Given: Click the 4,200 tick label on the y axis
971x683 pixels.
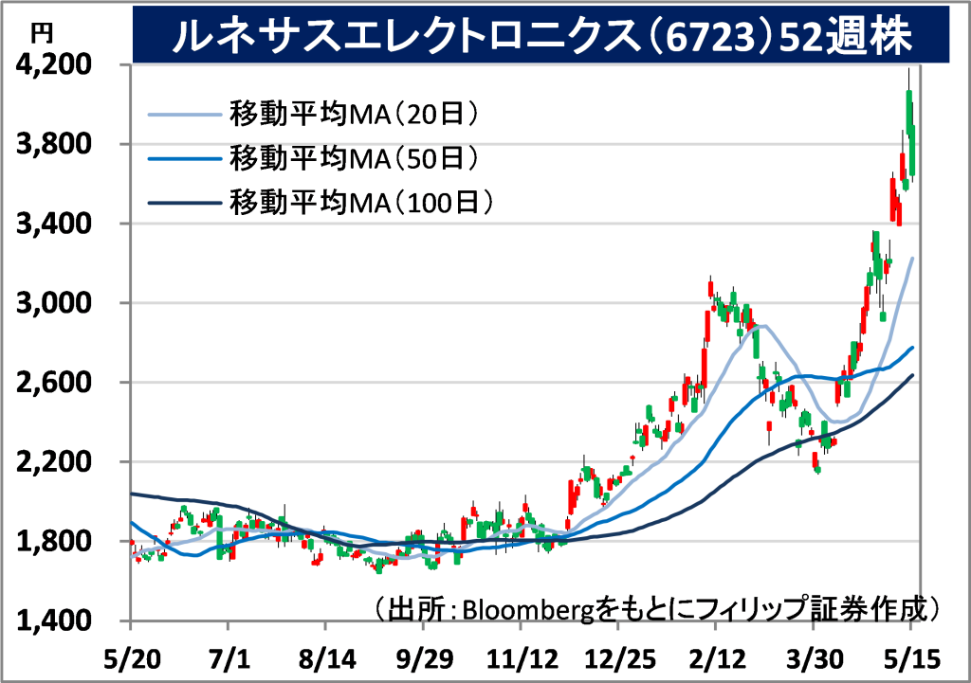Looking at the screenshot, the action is click(x=54, y=63).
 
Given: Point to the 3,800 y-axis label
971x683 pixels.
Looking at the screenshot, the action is click(x=54, y=144).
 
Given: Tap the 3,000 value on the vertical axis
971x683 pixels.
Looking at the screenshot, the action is click(x=54, y=302).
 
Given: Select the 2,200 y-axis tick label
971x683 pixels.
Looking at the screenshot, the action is click(x=54, y=461).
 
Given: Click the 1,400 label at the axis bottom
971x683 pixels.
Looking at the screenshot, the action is click(x=54, y=620).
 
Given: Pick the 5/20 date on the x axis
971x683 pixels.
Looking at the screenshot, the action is click(x=132, y=659).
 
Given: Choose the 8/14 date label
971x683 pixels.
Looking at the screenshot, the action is click(x=327, y=659).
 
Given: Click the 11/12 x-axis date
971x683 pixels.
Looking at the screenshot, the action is click(x=522, y=659).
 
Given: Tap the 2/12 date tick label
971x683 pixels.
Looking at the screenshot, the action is click(x=717, y=659).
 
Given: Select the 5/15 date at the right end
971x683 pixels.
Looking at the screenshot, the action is click(x=911, y=659).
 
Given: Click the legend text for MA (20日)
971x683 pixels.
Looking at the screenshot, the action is click(x=355, y=114).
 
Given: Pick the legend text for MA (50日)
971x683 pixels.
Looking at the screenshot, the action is click(x=355, y=158).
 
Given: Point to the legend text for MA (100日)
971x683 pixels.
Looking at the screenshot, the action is click(x=361, y=203).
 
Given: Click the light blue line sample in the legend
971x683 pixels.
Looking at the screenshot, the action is click(x=185, y=115).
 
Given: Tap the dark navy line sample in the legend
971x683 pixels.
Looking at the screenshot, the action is click(x=185, y=203).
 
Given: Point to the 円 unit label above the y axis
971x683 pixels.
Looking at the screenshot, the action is click(x=42, y=33).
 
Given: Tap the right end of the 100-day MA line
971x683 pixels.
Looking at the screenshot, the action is click(x=913, y=375).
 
